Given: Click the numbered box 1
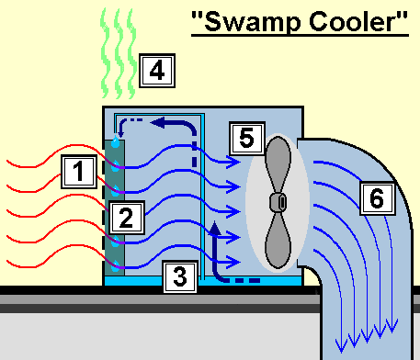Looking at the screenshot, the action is click(79, 172).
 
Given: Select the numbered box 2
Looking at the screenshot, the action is click(127, 218).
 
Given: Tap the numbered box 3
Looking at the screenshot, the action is click(180, 276).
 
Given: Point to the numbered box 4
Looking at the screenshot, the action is click(157, 71).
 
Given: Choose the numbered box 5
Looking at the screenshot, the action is click(247, 139).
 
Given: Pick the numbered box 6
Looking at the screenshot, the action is click(377, 198).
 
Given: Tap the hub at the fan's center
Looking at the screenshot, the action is click(278, 202).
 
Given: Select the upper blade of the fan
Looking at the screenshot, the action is click(278, 163).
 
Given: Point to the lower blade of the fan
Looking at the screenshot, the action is click(278, 241).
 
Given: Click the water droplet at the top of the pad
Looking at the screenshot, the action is click(115, 142).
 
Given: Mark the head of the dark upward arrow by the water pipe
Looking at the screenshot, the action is click(214, 228).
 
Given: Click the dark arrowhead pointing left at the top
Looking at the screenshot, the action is click(158, 123).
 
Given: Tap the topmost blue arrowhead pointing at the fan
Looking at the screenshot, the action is click(233, 162).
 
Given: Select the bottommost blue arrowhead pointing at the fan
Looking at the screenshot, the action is click(233, 263).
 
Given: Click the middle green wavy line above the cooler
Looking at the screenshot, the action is click(119, 53).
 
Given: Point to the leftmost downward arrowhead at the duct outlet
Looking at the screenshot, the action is click(341, 345).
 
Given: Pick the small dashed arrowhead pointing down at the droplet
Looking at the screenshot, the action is click(120, 134).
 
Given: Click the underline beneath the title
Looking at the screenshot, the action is click(300, 36).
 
